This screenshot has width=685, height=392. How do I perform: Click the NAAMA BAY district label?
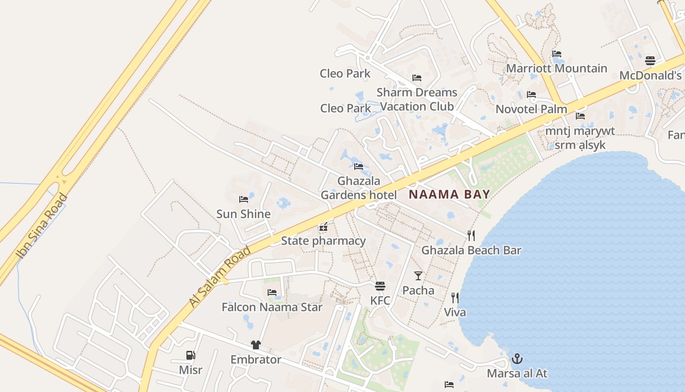tap(449, 194)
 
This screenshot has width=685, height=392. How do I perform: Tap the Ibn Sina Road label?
tap(42, 225)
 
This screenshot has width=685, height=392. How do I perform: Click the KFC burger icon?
tap(380, 286)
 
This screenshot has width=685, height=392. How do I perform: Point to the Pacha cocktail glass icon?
tap(418, 276)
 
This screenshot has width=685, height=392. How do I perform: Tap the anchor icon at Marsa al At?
tap(517, 359)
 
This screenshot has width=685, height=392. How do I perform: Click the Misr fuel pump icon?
tap(190, 355)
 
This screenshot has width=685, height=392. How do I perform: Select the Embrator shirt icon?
tap(256, 345)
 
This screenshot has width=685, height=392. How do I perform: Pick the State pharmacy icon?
tap(323, 227)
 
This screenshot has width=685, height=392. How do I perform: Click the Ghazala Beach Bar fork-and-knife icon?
tap(471, 236)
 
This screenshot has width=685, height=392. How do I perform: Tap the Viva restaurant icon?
tap(455, 298)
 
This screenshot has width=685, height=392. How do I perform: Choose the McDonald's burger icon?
tap(650, 61)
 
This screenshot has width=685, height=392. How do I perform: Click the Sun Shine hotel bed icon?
tap(243, 199)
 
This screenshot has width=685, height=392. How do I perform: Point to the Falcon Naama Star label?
tap(272, 307)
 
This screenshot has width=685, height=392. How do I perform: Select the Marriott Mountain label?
tap(556, 68)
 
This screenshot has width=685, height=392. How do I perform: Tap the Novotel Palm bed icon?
tap(531, 95)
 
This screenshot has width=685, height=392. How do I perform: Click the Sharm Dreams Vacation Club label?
tap(417, 99)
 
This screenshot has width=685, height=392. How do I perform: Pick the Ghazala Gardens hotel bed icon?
tap(359, 167)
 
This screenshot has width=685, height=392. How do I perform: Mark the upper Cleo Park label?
tap(345, 73)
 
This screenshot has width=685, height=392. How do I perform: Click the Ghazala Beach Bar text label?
tap(471, 250)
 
